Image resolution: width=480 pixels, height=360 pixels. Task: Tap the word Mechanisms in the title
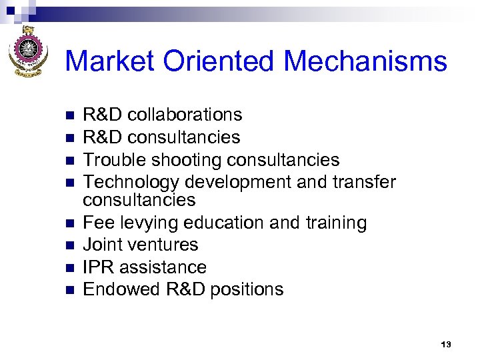365,61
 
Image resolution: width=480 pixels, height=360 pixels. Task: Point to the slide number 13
446,344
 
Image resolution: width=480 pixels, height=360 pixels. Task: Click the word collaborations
185,115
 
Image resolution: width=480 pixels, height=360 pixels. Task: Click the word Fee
96,223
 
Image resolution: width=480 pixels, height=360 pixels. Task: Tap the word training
331,223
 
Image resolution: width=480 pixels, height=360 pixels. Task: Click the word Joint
102,245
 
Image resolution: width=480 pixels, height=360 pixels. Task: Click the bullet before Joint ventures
67,245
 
